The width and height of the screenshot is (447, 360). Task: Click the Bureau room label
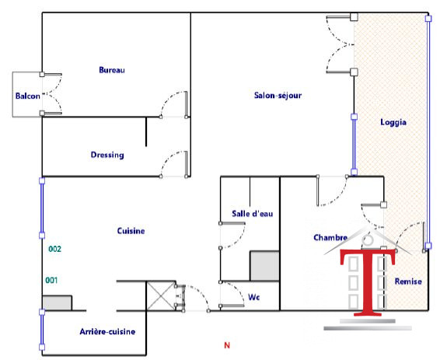click(x=112, y=70)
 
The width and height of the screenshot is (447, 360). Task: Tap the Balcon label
click(x=28, y=96)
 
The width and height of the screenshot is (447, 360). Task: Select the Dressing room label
click(x=107, y=155)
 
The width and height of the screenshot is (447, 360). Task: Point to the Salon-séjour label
click(x=278, y=95)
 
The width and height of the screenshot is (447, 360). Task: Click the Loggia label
click(x=393, y=122)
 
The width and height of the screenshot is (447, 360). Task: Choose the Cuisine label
click(x=131, y=231)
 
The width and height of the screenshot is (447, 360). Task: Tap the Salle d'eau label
click(x=253, y=214)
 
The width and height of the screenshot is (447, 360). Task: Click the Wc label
click(x=253, y=297)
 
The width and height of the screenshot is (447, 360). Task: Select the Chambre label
click(x=330, y=237)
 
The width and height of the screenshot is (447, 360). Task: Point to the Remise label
click(x=408, y=281)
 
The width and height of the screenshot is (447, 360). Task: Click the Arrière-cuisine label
click(x=107, y=331)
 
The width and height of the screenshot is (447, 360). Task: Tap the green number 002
click(x=54, y=249)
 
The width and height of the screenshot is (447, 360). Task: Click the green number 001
click(x=51, y=280)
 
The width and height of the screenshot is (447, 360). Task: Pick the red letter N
click(x=227, y=345)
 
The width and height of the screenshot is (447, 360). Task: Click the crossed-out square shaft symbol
click(x=160, y=296)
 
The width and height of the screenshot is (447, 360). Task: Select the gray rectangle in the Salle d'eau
click(x=264, y=266)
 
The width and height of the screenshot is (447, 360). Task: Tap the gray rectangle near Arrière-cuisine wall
click(x=57, y=303)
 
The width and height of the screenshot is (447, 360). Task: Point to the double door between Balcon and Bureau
click(x=52, y=94)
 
